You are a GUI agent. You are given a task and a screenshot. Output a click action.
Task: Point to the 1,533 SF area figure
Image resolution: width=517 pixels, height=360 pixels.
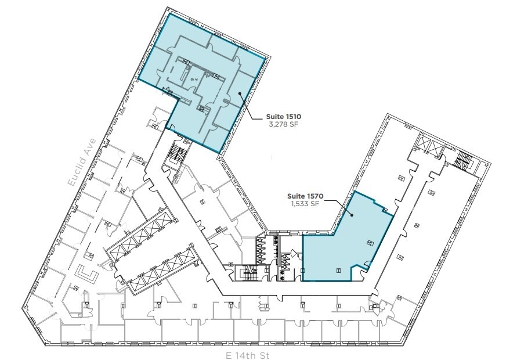pos(304,204)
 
